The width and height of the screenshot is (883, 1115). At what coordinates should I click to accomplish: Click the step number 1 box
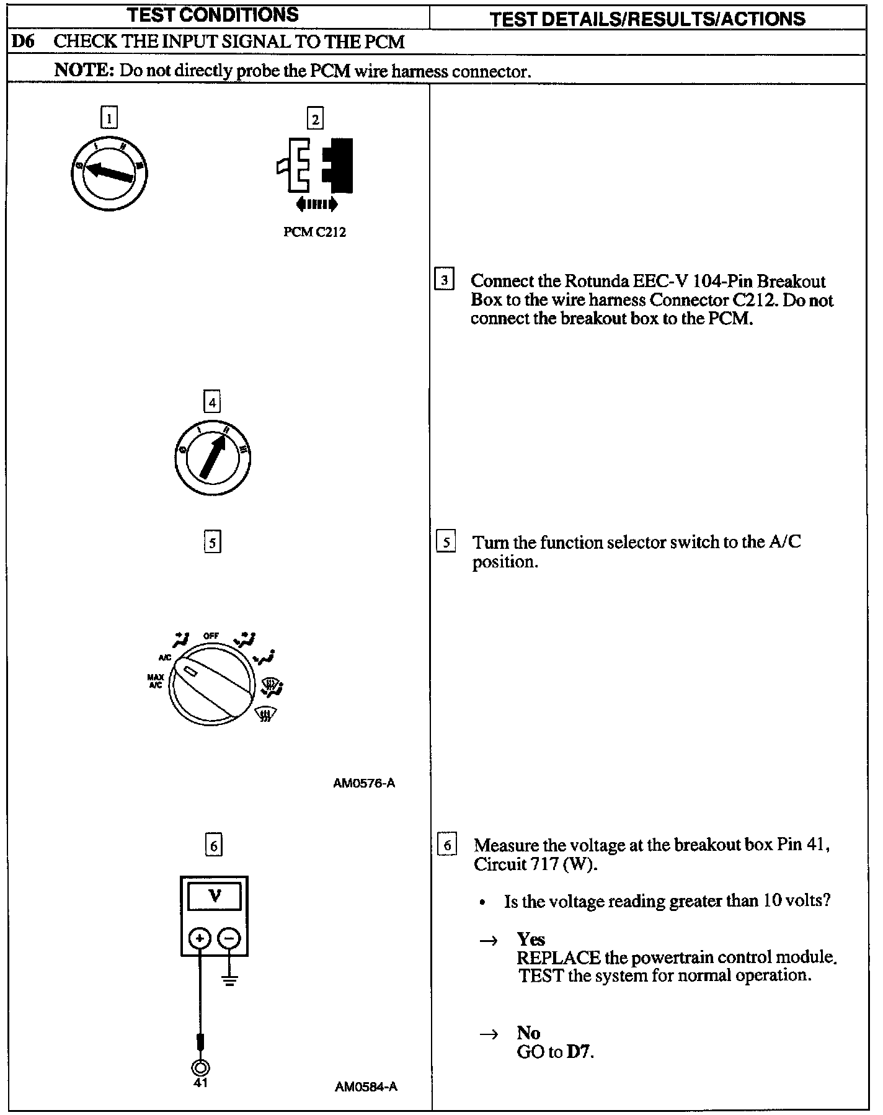109,118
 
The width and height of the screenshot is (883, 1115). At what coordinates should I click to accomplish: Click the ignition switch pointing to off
109,172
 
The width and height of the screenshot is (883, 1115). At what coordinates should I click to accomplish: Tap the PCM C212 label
314,233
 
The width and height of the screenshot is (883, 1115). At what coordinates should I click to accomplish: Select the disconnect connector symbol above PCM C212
316,166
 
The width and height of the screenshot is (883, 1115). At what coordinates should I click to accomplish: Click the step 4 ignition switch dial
213,458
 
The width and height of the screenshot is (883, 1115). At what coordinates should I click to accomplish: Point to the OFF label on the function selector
211,636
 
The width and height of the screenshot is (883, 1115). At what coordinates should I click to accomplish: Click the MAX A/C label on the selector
155,680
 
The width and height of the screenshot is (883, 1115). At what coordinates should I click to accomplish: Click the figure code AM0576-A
364,783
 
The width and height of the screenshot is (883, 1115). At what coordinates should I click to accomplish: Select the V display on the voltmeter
215,896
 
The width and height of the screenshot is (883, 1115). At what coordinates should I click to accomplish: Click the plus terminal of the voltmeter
200,939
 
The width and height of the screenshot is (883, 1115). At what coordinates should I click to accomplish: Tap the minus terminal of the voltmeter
229,939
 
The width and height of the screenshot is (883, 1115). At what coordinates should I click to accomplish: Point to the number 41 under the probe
200,1083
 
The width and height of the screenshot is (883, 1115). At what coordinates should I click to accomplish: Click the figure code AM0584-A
366,1086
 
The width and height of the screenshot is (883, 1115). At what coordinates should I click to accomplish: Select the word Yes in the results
531,939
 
